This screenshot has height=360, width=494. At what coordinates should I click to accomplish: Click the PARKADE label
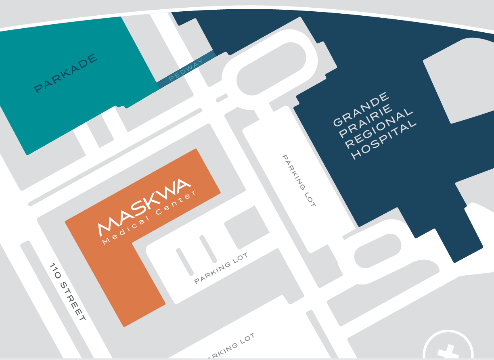[x=66, y=73]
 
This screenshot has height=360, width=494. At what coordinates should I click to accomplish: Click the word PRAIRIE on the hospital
[x=366, y=121]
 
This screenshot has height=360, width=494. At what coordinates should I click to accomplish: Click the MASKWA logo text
[x=144, y=206]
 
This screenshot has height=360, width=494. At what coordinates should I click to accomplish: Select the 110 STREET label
[x=67, y=292]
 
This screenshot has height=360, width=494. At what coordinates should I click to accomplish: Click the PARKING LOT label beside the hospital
[x=299, y=180]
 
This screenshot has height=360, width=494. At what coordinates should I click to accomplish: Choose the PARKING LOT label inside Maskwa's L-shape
[x=221, y=268]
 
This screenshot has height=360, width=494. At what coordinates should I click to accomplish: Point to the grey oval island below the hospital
[x=378, y=250]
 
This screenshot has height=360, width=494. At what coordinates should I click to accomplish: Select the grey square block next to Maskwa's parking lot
[x=247, y=227]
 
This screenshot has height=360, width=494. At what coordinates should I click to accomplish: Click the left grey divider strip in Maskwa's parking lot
[x=184, y=262]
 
